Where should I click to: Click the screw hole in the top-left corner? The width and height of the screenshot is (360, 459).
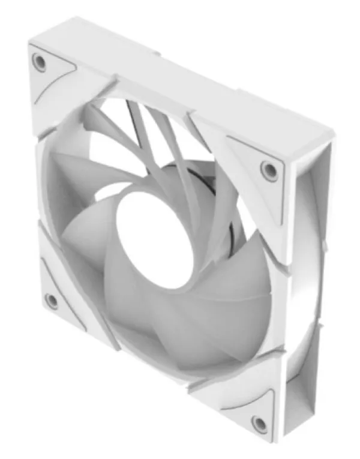40,62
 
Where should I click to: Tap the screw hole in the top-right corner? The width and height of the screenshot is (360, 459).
269,170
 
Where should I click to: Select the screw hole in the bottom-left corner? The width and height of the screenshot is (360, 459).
52,300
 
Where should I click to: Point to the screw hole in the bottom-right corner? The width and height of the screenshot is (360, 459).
259,424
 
